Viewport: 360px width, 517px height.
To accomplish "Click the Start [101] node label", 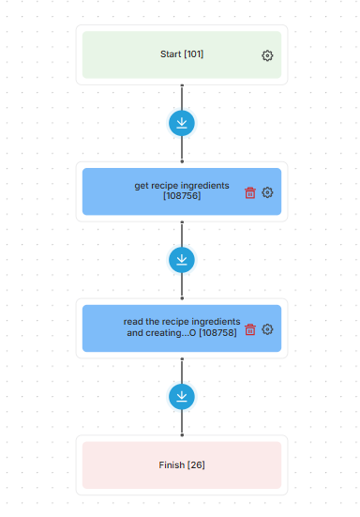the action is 182,54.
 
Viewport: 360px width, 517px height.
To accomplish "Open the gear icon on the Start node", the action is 267,55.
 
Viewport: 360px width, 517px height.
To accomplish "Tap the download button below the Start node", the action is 182,123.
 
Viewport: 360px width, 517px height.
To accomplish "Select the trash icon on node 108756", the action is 250,192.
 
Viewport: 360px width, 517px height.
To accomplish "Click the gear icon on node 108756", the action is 267,192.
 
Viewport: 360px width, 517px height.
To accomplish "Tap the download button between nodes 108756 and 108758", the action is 182,260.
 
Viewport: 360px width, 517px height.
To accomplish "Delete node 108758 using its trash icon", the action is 250,329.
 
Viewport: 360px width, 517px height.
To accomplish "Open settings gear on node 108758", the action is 267,329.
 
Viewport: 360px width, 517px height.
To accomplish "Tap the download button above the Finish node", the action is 182,397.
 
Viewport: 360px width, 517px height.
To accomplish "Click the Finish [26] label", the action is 182,464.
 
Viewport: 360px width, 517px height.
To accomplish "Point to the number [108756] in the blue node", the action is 182,196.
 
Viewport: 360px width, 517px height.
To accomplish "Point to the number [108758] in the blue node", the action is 217,333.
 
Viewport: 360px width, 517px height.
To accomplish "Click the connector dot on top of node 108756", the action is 182,161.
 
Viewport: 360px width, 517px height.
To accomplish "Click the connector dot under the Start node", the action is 182,85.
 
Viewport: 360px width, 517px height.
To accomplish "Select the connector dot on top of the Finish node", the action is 182,435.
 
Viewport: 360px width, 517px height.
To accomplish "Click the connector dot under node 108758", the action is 182,359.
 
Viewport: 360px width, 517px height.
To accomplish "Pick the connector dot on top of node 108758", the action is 182,298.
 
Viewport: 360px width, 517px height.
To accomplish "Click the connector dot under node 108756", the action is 182,222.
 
